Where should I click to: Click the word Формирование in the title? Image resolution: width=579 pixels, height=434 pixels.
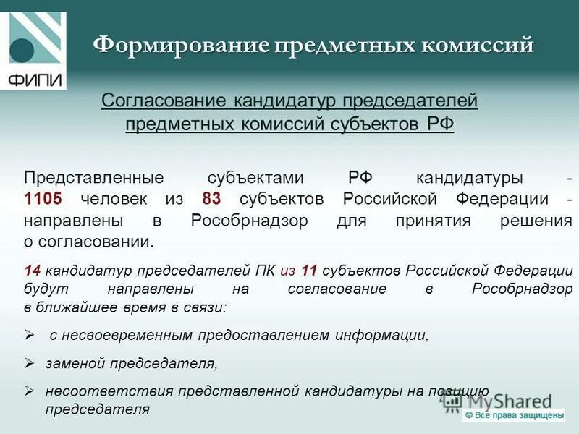(181, 46)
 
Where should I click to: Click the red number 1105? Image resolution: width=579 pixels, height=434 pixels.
(43, 199)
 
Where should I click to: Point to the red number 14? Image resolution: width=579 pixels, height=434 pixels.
(32, 271)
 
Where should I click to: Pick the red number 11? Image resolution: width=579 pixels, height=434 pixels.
(310, 271)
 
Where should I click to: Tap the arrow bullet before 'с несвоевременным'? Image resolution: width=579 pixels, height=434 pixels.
(30, 336)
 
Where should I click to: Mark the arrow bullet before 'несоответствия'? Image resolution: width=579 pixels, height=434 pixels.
(30, 391)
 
